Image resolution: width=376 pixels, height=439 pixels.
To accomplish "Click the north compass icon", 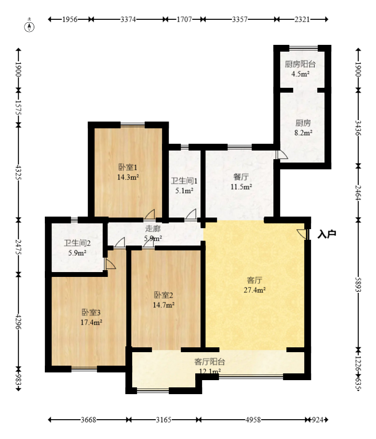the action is point(29,27).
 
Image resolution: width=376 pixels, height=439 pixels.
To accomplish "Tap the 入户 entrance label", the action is point(327,234).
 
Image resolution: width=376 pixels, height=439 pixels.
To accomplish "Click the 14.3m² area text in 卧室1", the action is point(128,177).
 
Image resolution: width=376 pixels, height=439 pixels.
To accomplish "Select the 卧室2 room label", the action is point(164,295).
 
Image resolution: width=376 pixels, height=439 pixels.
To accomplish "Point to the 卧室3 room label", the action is point(91,312).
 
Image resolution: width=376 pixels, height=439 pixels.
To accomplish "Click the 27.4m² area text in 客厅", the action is point(255,290).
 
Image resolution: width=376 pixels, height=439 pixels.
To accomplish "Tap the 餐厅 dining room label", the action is point(241,177).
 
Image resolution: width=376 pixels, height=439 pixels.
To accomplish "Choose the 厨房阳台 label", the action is point(300,64).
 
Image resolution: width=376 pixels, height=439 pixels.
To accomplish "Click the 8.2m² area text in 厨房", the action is point(303,133).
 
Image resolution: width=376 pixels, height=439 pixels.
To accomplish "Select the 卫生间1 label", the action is point(184,181).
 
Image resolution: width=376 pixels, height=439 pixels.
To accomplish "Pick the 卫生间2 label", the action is point(77,243).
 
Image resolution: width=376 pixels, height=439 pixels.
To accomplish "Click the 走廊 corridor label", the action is point(153,229).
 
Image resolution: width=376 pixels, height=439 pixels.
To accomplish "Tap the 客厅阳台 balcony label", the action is point(210,362).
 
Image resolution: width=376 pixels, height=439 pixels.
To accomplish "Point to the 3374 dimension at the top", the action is point(128,19).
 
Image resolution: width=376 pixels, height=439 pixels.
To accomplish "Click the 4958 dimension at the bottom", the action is point(253,420).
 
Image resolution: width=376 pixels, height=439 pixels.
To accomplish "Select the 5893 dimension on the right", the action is point(358,285).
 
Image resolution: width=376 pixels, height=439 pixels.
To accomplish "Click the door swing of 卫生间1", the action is point(191,215).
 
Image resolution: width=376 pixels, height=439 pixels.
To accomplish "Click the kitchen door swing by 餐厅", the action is point(282,155).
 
